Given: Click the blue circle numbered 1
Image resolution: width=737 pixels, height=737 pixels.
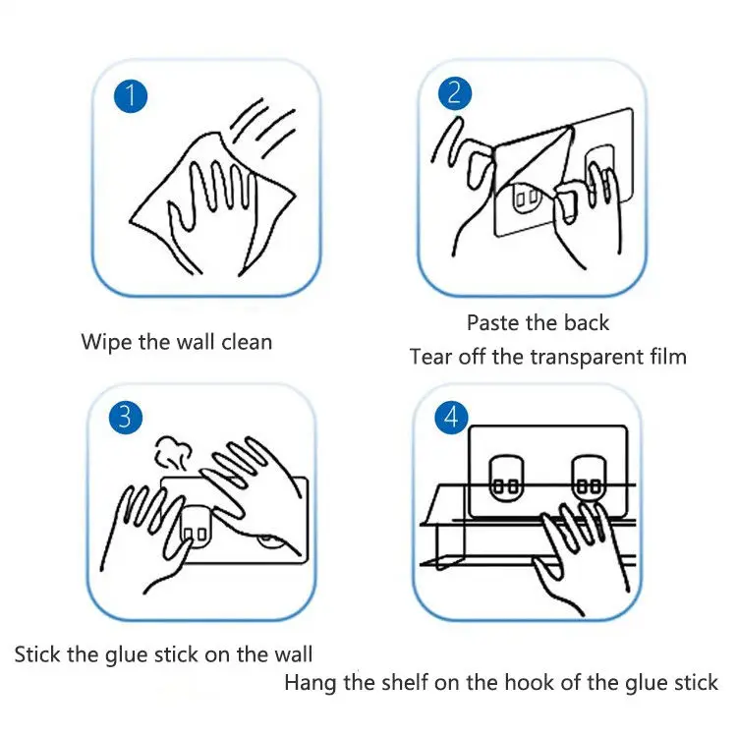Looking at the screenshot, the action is (131, 96).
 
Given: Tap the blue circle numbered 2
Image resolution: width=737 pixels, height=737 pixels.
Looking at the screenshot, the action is (455, 93).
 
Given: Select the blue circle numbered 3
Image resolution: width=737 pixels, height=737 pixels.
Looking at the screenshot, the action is (126, 418).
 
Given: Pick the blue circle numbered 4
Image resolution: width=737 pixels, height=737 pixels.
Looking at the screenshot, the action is (452, 417).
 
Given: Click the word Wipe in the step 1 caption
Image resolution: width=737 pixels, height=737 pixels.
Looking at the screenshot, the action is (107, 343).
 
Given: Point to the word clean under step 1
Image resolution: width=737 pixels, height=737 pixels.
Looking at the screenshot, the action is (247, 342).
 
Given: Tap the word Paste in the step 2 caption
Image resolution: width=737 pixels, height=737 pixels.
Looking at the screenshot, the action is (493, 323).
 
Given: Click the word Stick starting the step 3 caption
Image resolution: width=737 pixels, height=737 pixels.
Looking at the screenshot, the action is (38, 654).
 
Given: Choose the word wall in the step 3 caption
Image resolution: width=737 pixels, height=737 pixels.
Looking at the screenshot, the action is (292, 654).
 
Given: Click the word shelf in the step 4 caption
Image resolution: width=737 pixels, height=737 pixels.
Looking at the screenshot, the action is (405, 683).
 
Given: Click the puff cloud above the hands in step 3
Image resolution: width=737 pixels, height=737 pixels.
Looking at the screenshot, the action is (173, 452).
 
